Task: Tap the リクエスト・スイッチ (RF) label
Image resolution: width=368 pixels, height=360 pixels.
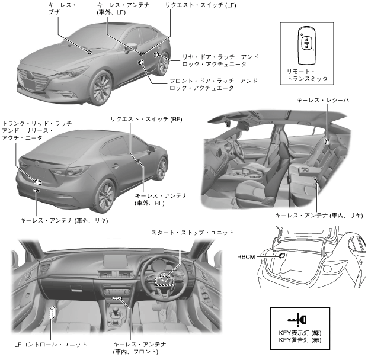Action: pyautogui.click(x=146, y=119)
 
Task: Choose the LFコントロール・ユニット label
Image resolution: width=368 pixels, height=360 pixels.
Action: pyautogui.click(x=51, y=344)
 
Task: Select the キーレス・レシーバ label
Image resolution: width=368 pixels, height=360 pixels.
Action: pyautogui.click(x=322, y=101)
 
